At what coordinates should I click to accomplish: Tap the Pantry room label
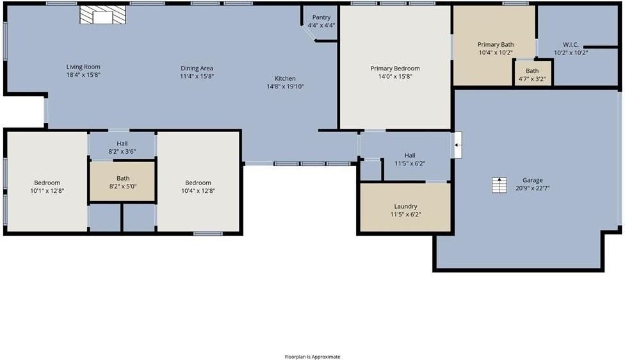[321, 17]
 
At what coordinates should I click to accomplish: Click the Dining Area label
[197, 68]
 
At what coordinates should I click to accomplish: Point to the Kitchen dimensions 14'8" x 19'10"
[285, 86]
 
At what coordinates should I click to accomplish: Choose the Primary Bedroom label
[394, 68]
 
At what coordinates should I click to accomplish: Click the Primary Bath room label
[495, 44]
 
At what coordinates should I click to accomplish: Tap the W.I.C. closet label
[570, 44]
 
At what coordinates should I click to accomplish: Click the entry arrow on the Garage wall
[457, 145]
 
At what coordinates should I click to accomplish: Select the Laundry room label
[405, 206]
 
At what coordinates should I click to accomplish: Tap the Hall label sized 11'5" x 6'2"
[410, 155]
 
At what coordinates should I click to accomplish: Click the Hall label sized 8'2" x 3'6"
[122, 143]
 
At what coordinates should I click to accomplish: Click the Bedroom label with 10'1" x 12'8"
[47, 183]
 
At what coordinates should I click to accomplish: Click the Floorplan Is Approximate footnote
[312, 357]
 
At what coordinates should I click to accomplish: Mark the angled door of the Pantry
[309, 33]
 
